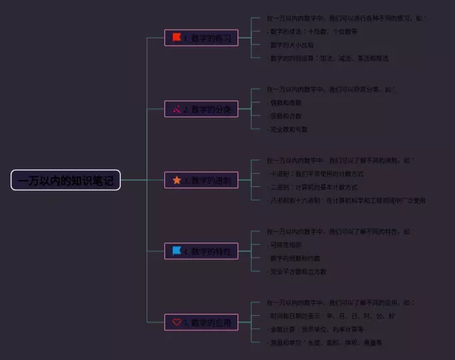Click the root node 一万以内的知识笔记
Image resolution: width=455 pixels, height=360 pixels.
65,180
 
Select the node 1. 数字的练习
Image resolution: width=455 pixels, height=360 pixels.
201,38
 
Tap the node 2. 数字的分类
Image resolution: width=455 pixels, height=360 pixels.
201,109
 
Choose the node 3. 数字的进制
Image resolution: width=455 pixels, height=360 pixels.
201,180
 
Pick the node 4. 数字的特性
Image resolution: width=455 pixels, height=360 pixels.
201,251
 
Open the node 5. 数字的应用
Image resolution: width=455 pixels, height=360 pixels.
201,322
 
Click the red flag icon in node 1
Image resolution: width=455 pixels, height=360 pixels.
176,38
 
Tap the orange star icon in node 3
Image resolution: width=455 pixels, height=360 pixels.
176,180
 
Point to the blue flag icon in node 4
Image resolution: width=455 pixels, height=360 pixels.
176,250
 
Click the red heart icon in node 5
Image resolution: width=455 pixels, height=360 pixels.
176,322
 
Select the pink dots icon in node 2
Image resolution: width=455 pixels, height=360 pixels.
176,109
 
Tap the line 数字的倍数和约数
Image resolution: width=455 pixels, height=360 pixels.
294,258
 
